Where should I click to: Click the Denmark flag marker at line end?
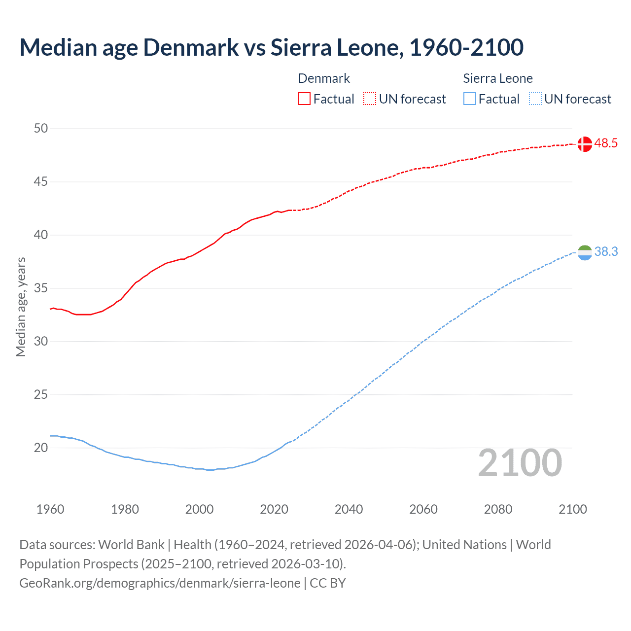coord(584,144)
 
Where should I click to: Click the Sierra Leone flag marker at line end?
coord(584,252)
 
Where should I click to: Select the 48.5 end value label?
coord(606,143)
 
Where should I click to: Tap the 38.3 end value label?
coord(606,252)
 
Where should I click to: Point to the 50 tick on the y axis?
coord(41,129)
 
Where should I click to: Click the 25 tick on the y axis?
coord(41,395)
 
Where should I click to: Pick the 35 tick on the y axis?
coord(41,288)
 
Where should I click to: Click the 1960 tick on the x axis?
coord(50,509)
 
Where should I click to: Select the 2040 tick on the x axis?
coord(349,509)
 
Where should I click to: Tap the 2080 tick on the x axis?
coord(498,509)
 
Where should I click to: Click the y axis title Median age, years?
coord(21,307)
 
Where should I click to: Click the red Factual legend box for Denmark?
coord(304,99)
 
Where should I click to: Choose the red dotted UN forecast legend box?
coord(370,99)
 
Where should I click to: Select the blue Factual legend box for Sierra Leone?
coord(470,99)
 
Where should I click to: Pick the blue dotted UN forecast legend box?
coord(535,99)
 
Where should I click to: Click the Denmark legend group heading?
coord(324,78)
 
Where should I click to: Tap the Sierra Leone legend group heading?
coord(498,78)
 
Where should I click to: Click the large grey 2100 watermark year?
coord(520,463)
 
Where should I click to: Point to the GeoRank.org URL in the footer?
coord(160,583)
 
